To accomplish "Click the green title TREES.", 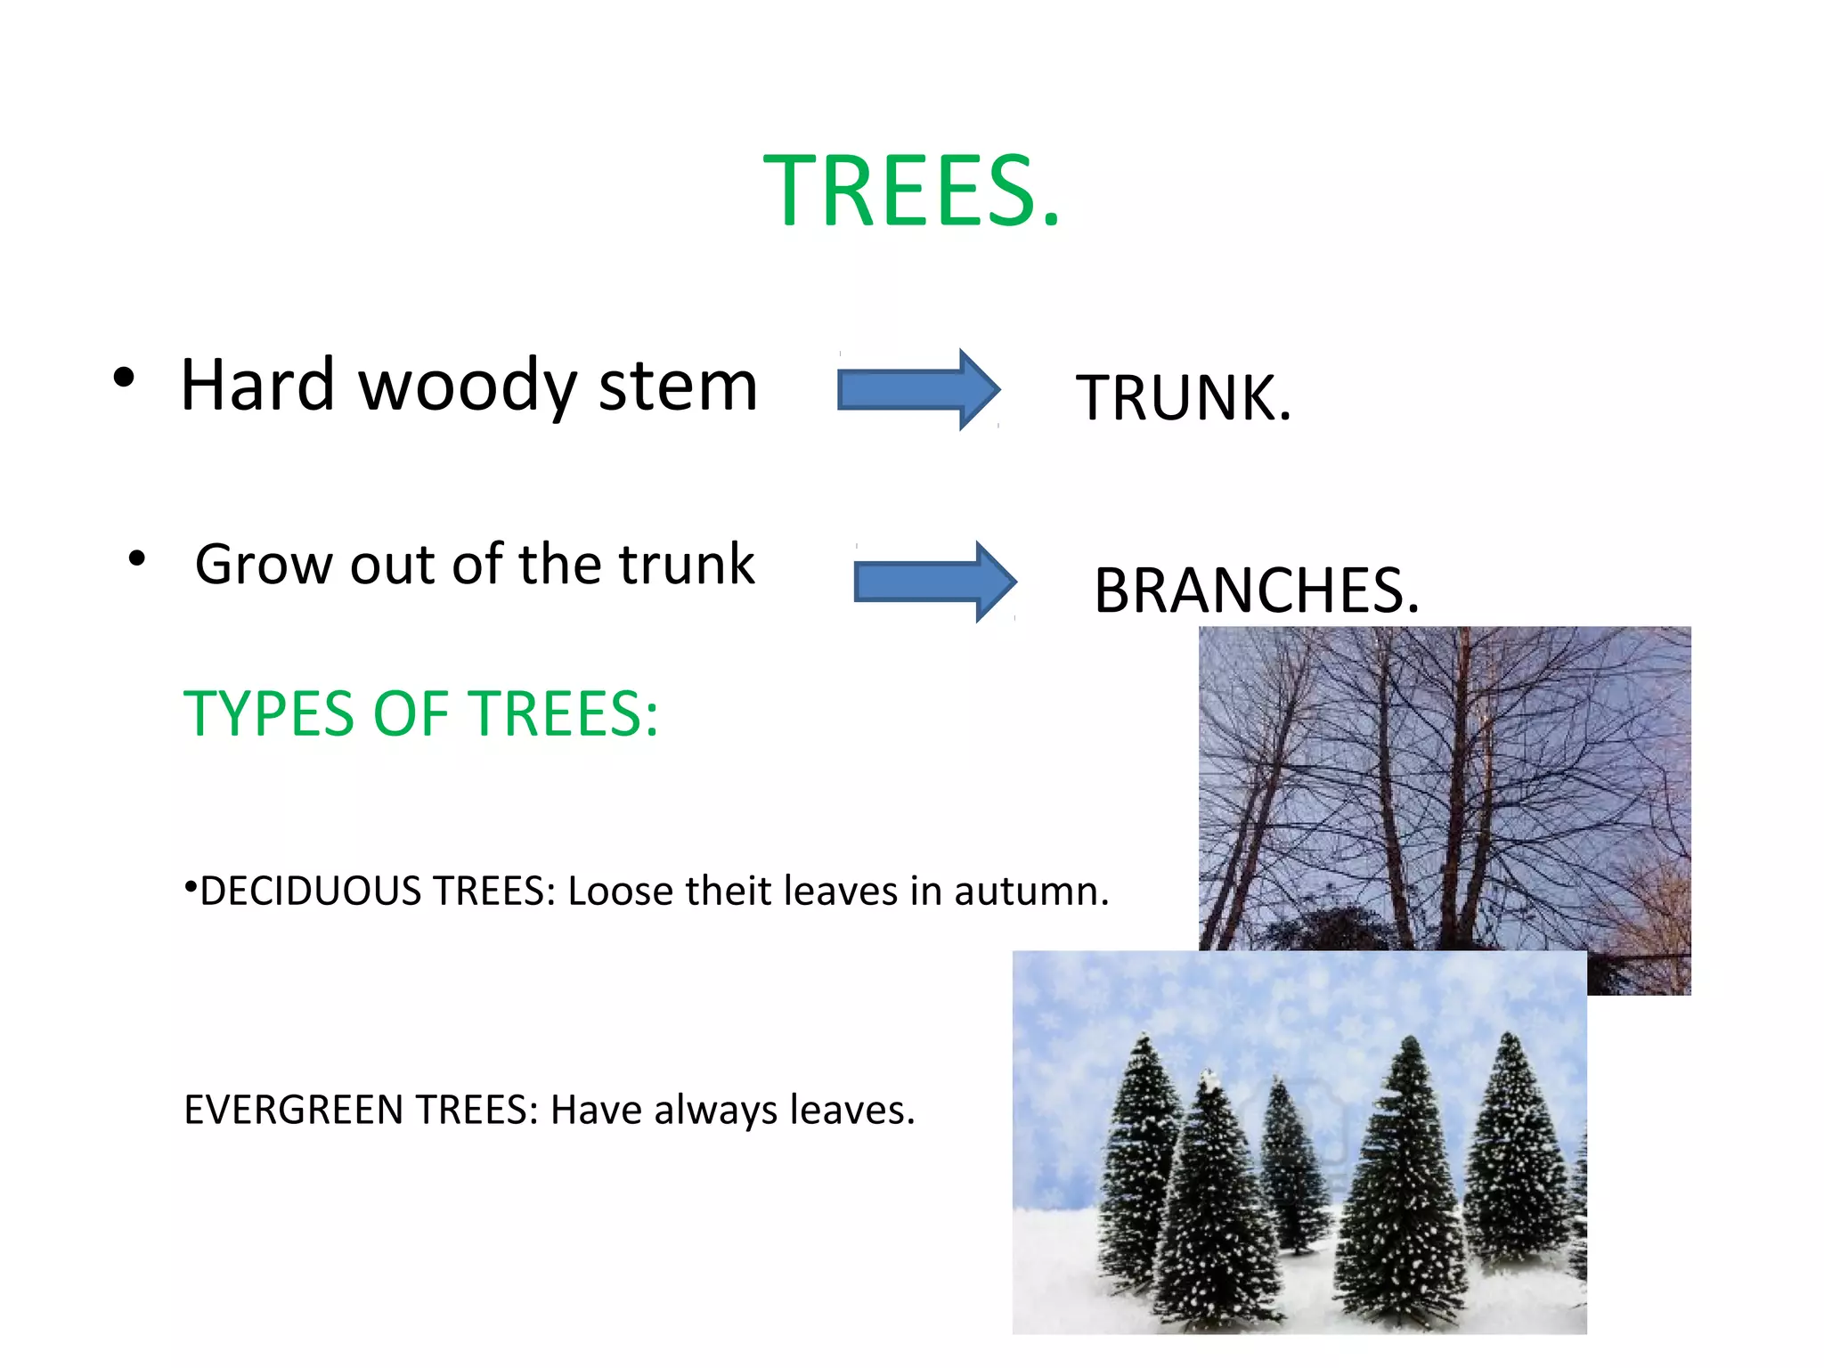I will pos(912,191).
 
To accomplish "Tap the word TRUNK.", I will pos(1183,397).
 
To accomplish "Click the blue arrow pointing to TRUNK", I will pos(917,390).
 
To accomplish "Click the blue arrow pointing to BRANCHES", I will pos(933,582).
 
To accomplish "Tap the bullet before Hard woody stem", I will pos(124,378).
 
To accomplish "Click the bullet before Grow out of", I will pos(136,559).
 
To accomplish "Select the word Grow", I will pos(265,565).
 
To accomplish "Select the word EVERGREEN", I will pos(293,1111).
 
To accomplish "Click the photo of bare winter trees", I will pos(1443,784).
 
